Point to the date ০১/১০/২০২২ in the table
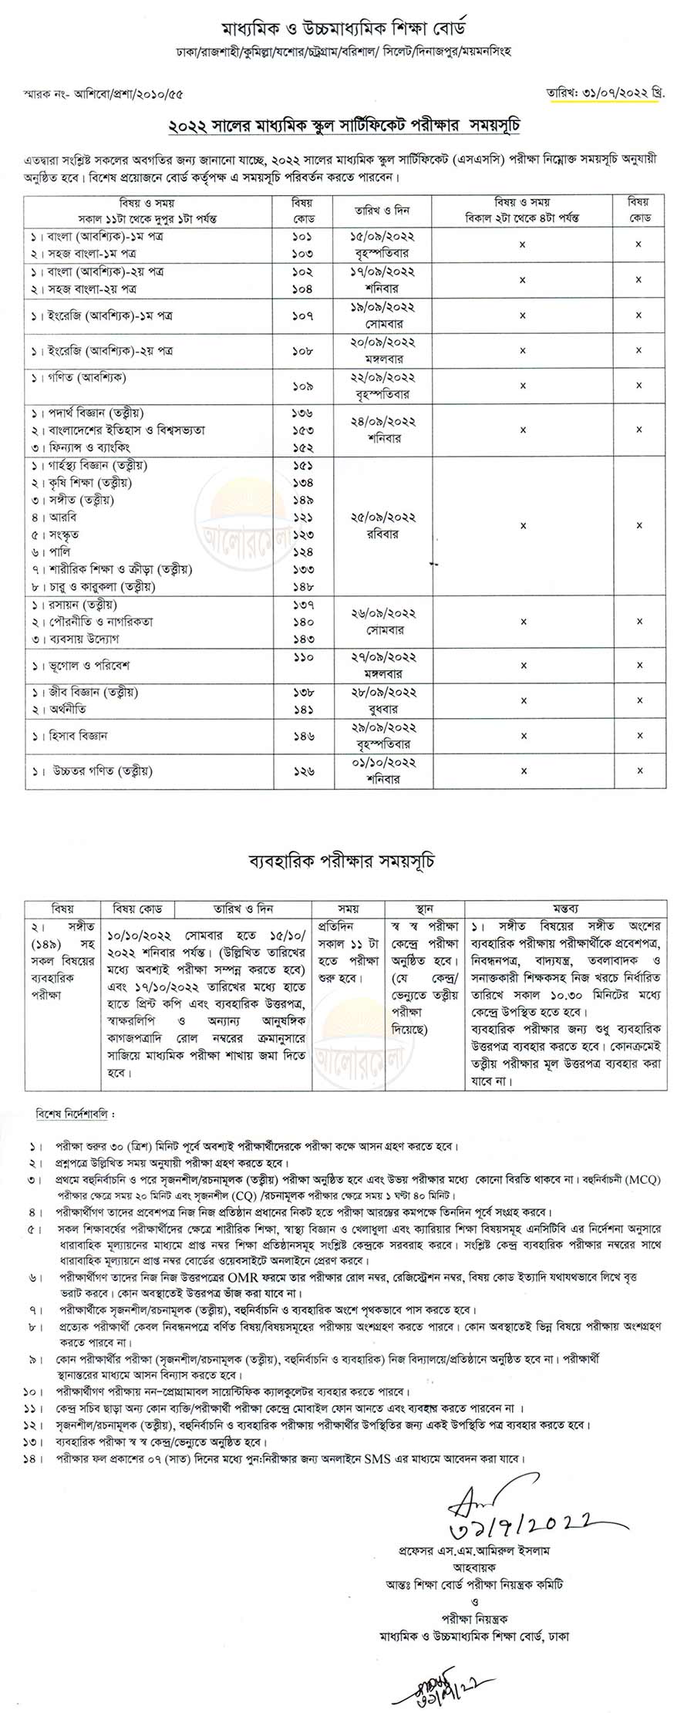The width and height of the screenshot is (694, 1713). point(382,762)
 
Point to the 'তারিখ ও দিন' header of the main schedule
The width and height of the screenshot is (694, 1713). point(382,210)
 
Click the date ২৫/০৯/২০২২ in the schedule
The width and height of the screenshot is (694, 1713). point(382,517)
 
